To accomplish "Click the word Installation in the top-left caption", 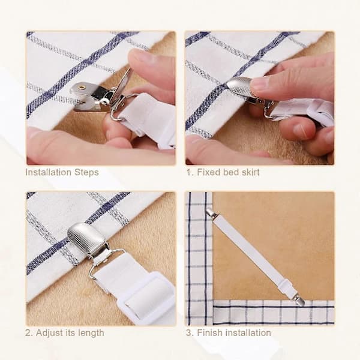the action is (48, 172).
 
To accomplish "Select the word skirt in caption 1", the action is (250, 172).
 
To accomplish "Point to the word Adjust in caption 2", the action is (49, 333).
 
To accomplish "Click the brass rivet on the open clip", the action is (81, 88).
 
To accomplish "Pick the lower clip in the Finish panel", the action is (298, 300).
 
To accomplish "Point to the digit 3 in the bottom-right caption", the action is (188, 333).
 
